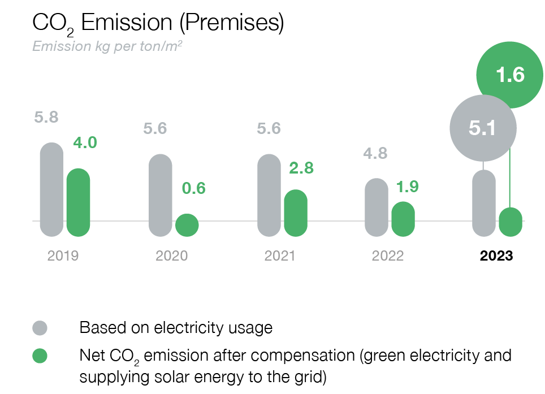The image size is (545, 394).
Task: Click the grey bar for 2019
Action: (x=51, y=189)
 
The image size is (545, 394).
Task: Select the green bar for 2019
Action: (x=78, y=202)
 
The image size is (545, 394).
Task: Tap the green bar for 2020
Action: (x=187, y=225)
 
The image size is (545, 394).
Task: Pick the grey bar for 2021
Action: (x=269, y=195)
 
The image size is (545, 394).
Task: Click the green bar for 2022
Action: (x=403, y=219)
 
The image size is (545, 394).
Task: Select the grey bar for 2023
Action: (x=483, y=204)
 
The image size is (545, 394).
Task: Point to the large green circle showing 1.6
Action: (x=509, y=75)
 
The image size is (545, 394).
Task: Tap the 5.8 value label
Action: (x=46, y=118)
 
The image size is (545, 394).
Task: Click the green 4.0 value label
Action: (x=85, y=142)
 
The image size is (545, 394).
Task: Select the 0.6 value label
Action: (x=193, y=188)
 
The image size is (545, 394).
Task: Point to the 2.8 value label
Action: (x=301, y=168)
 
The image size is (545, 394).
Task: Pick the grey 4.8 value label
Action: (x=376, y=153)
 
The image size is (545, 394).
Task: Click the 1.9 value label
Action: (x=407, y=187)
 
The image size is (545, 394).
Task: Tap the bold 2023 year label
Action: (x=496, y=256)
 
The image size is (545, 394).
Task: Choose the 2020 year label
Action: (x=171, y=256)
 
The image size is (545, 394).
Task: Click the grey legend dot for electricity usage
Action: (x=40, y=328)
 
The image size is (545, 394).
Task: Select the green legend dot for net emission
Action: (x=40, y=356)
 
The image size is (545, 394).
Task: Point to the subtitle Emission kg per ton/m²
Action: (x=107, y=46)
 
